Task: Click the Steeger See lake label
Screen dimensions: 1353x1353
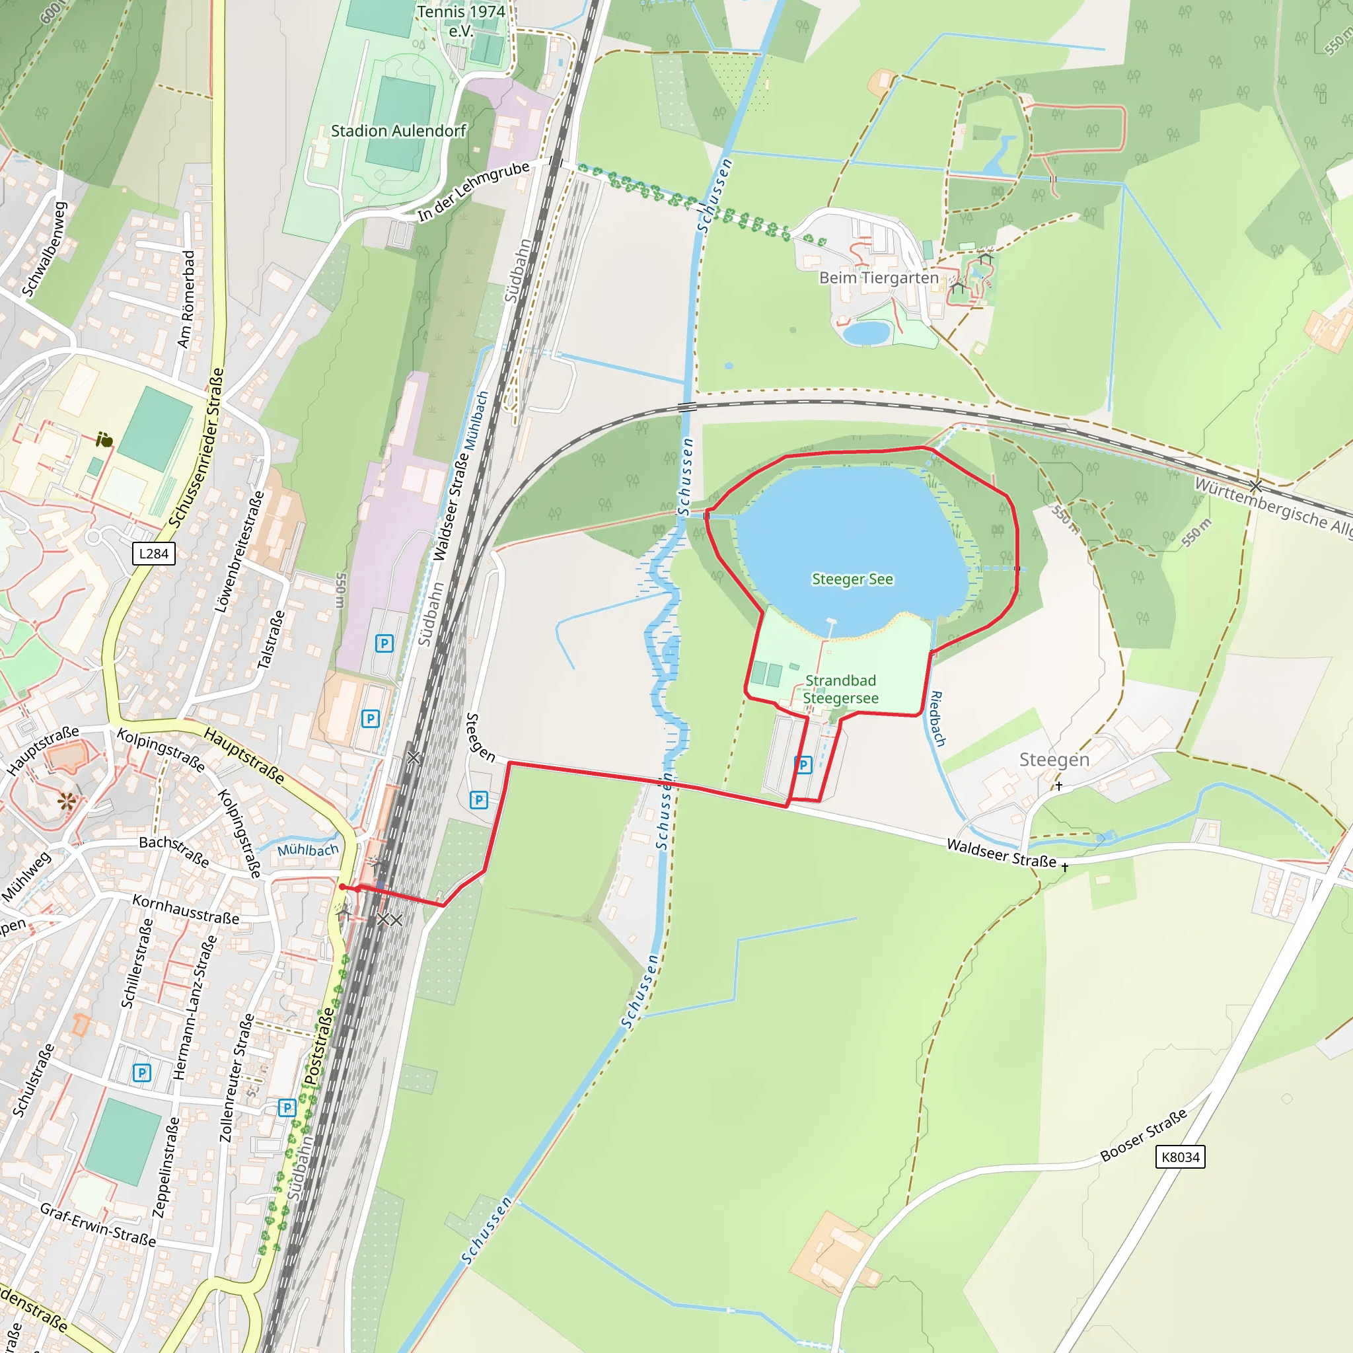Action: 852,579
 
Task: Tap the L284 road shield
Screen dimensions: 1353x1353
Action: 153,554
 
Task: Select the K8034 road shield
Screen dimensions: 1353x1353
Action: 1180,1157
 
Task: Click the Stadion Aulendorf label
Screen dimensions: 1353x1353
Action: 398,131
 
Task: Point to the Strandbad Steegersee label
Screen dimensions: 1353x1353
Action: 840,689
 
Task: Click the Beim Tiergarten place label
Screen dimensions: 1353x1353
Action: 879,278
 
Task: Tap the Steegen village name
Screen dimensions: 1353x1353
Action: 1054,760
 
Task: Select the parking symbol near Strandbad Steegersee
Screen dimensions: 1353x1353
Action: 803,765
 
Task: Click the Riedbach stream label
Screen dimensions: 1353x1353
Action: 937,719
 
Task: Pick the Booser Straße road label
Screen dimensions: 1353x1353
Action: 1144,1134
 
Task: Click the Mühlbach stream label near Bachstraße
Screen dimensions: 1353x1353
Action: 307,850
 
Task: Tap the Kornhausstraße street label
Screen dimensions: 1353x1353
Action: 186,909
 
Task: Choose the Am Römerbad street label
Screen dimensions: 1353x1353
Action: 186,299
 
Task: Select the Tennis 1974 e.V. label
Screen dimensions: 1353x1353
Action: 461,21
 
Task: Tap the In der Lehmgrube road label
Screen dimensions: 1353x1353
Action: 474,192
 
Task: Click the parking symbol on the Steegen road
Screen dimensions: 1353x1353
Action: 478,800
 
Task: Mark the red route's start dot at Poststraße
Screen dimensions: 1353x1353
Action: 342,887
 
